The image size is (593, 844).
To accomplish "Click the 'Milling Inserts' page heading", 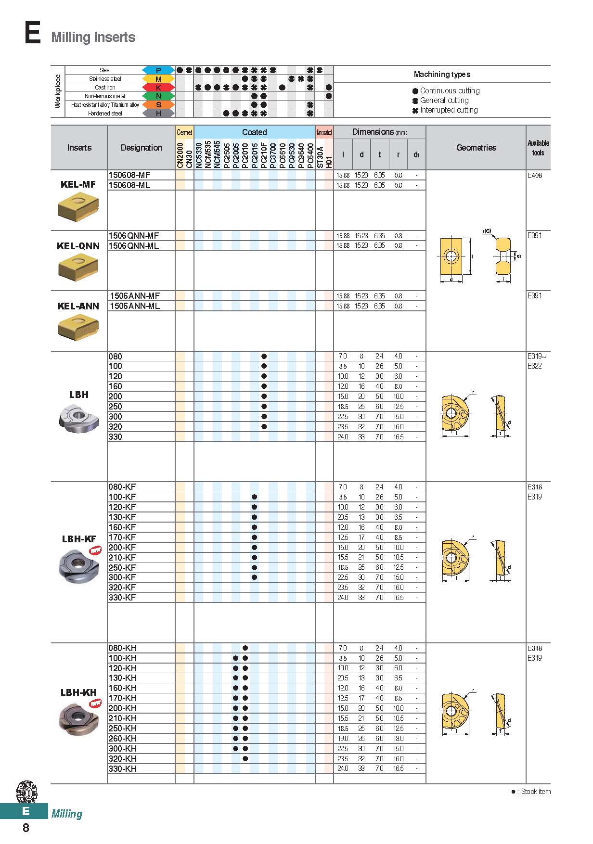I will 93,37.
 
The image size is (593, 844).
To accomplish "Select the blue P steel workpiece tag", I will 158,70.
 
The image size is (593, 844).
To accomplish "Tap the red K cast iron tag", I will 158,88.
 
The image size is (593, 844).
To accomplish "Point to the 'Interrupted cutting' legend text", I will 449,110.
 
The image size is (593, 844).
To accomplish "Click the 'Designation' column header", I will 141,148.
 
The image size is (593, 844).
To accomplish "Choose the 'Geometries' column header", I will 476,148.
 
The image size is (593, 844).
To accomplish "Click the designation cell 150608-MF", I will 129,175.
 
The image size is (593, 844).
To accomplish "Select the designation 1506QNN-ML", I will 133,246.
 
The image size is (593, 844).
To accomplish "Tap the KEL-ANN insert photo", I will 78,329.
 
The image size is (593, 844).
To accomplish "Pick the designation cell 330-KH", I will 122,769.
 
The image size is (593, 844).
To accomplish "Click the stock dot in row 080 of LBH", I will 264,357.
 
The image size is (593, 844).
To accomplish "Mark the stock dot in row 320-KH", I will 245,759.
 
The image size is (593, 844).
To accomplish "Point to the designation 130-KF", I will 122,517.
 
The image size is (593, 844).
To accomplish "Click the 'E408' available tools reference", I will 534,175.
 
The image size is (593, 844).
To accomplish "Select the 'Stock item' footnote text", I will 535,792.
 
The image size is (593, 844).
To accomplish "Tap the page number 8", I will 26,828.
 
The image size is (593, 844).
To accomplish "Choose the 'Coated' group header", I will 254,132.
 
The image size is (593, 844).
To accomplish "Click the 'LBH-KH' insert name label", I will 78,692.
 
